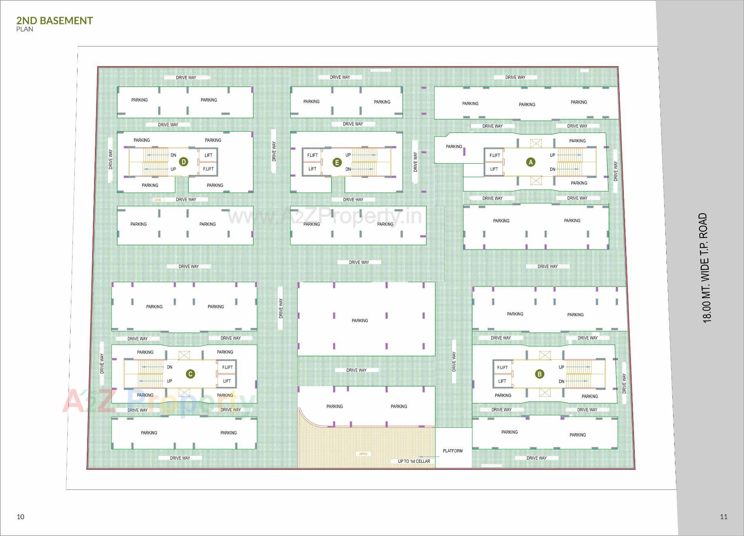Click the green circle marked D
184,162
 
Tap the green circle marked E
337,162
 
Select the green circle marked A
530,162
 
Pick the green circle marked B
539,374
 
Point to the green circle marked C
190,374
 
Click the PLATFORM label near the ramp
453,451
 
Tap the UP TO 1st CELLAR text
414,461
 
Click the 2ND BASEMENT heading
55,21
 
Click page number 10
21,517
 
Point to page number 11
723,517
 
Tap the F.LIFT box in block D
208,169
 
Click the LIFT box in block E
312,169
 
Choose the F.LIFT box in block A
495,155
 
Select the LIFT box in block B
502,381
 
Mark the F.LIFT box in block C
227,367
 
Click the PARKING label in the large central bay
360,321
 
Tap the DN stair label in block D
173,155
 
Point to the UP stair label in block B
561,367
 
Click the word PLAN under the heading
25,29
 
